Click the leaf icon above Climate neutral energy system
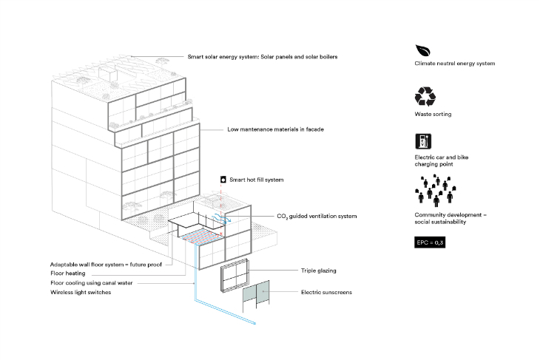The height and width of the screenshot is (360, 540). pos(422,50)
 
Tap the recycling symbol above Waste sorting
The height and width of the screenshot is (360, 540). pos(425,96)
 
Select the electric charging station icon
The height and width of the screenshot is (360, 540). pos(423,141)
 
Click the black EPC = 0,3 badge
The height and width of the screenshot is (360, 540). pos(430,242)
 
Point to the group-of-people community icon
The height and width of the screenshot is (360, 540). pos(436,190)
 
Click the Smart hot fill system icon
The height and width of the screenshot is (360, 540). pos(223,180)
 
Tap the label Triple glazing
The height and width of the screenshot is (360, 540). pos(319,271)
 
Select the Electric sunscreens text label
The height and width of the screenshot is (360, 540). pos(326,292)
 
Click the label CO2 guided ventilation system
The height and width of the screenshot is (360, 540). pos(317,216)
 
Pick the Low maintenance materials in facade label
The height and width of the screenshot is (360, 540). pos(275,129)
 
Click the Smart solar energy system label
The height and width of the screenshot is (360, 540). pos(263,57)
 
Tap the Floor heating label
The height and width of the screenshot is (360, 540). pos(68,274)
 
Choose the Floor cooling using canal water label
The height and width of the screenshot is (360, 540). pos(92,283)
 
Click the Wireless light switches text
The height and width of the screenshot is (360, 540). pos(81,292)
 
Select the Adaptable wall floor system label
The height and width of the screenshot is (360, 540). pos(106,265)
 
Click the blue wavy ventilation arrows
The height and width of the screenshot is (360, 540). pos(221,219)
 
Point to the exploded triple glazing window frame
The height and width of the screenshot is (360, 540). pos(234,275)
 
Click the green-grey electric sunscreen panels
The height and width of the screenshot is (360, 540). pos(256,293)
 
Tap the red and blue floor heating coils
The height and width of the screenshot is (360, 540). pos(201,237)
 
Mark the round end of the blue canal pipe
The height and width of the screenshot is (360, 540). pos(255,324)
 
